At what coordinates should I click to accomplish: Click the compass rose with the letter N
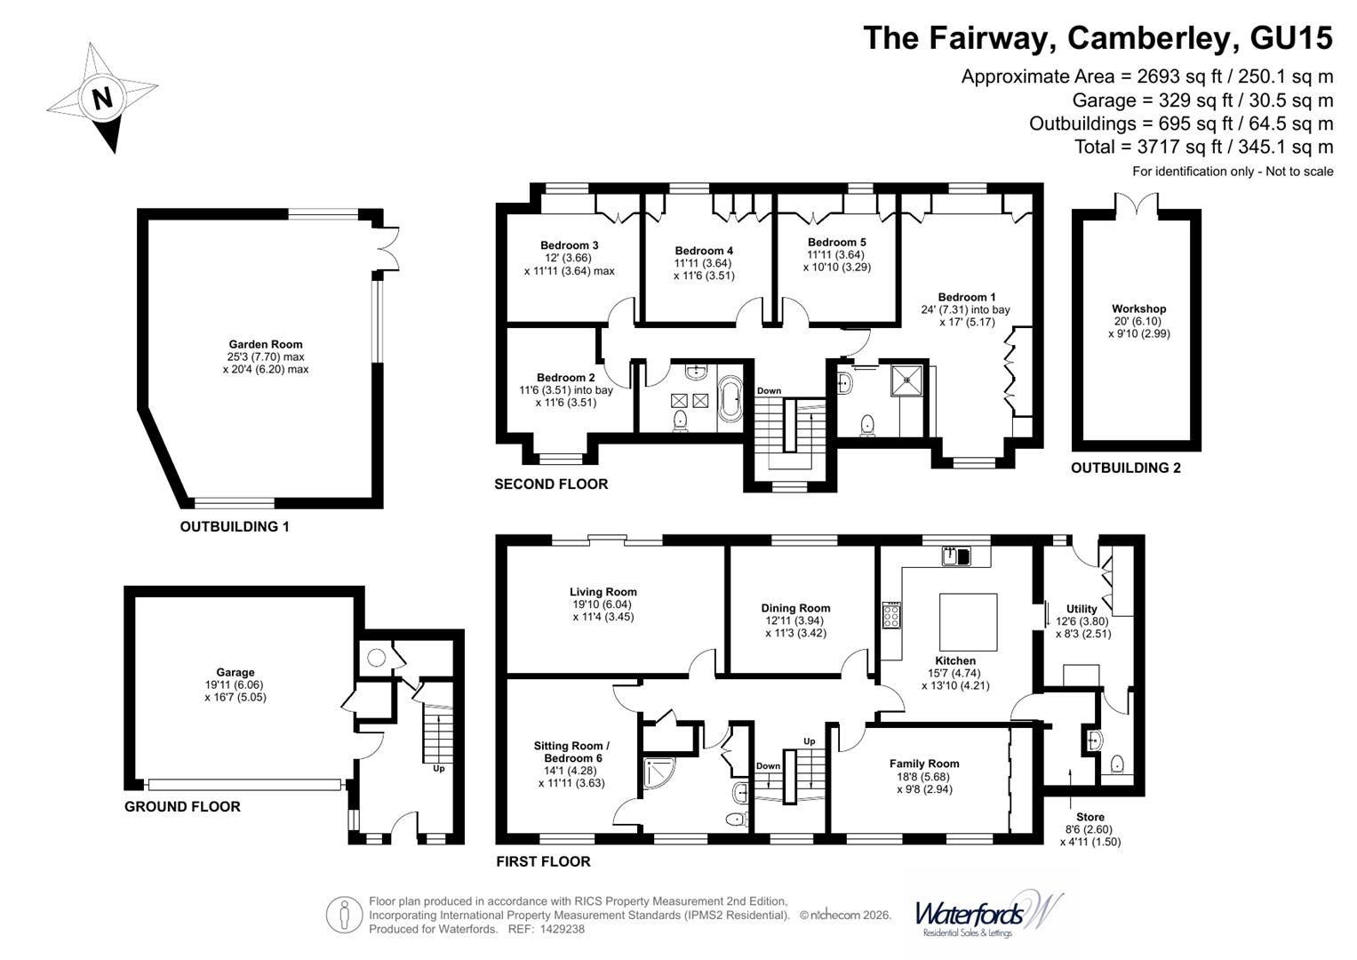[101, 98]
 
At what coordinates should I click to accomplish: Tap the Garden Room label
[265, 345]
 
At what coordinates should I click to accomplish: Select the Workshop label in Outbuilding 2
[1138, 309]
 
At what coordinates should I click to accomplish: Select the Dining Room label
[795, 609]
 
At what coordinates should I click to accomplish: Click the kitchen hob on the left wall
[891, 615]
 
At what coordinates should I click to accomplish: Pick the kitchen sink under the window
[956, 556]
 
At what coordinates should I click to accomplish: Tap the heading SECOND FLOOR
[551, 484]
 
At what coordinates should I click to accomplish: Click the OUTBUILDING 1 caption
[235, 526]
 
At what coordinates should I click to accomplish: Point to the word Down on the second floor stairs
[769, 391]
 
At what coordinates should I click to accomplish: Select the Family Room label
[924, 764]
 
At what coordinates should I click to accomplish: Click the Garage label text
[235, 673]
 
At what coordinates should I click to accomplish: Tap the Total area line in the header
[1203, 147]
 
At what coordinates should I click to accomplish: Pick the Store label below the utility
[1090, 817]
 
